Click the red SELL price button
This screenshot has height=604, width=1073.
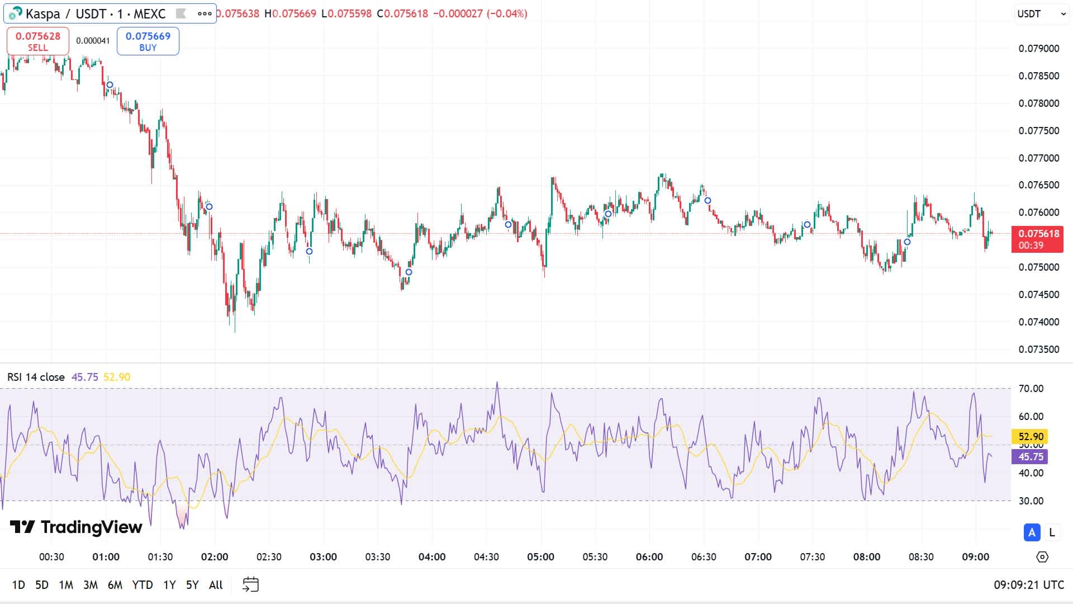pyautogui.click(x=38, y=41)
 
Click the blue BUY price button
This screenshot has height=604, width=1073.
pyautogui.click(x=148, y=41)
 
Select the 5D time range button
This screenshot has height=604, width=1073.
pyautogui.click(x=42, y=585)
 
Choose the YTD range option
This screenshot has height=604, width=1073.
pyautogui.click(x=143, y=585)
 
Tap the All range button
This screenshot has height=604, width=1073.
pyautogui.click(x=216, y=585)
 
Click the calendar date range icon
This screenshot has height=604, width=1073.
pyautogui.click(x=250, y=585)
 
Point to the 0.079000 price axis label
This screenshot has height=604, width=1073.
pyautogui.click(x=1039, y=49)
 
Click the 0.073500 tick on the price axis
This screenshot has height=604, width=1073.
pyautogui.click(x=1039, y=350)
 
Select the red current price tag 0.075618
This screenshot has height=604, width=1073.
pyautogui.click(x=1038, y=239)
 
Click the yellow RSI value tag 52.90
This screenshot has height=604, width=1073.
pyautogui.click(x=1031, y=437)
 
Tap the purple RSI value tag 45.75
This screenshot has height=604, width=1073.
pyautogui.click(x=1031, y=457)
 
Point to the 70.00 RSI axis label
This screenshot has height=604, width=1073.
pyautogui.click(x=1031, y=389)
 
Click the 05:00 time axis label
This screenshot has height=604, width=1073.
pyautogui.click(x=540, y=557)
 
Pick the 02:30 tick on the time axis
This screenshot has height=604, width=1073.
pyautogui.click(x=269, y=557)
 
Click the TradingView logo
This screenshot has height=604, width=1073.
pyautogui.click(x=77, y=527)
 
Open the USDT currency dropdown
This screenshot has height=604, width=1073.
pyautogui.click(x=1041, y=14)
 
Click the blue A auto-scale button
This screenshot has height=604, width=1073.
pyautogui.click(x=1032, y=532)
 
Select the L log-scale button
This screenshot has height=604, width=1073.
pyautogui.click(x=1052, y=532)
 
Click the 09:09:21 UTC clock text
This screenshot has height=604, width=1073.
pyautogui.click(x=1029, y=585)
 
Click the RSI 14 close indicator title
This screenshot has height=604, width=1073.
pyautogui.click(x=36, y=377)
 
